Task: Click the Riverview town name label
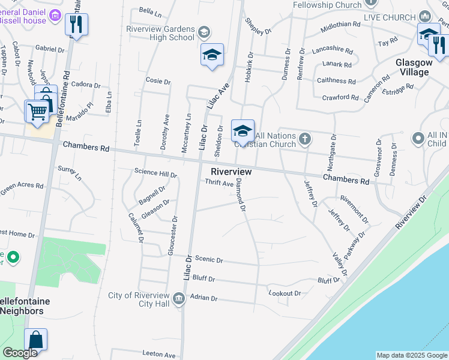pos(231,172)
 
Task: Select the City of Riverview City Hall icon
pos(178,298)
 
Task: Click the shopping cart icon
pos(37,112)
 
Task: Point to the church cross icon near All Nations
pos(305,140)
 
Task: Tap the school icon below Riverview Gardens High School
pos(212,55)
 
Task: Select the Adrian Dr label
pos(203,298)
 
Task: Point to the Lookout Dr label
pos(285,293)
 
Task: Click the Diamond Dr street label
pos(241,195)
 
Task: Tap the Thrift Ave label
pos(219,184)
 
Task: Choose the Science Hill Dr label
pos(156,175)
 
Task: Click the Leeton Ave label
pos(159,355)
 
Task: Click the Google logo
pos(20,353)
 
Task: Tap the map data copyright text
pos(412,355)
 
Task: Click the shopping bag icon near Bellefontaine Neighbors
pos(36,340)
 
